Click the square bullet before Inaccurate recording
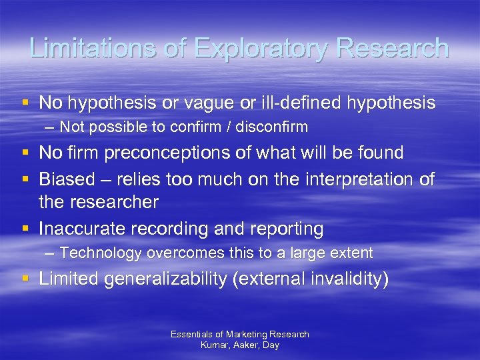[25, 229]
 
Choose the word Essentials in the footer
[190, 334]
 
